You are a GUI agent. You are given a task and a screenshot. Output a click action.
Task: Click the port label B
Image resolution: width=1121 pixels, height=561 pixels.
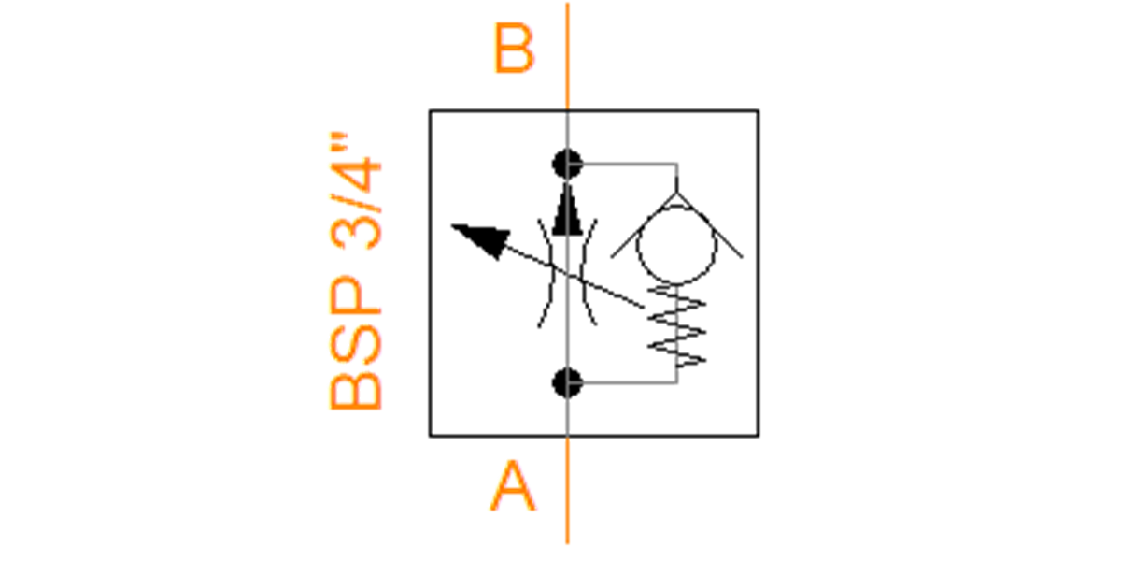[514, 49]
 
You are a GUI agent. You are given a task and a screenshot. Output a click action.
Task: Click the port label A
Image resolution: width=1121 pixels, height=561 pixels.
[513, 486]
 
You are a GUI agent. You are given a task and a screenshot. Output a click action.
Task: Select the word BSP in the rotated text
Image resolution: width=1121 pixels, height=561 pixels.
[356, 342]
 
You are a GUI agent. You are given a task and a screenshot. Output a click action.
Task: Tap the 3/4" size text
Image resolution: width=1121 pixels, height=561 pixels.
[356, 192]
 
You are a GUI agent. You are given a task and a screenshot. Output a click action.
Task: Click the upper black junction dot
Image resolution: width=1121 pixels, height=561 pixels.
[568, 165]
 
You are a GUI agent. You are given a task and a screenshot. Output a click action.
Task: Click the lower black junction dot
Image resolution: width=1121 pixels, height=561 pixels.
[568, 383]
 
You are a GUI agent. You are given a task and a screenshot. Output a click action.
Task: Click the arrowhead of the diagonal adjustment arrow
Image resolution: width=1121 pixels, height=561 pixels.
[483, 239]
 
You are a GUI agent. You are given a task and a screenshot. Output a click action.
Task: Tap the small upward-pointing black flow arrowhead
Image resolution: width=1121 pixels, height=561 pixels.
[568, 209]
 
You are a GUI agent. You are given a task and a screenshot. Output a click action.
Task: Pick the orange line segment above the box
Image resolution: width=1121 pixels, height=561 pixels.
[568, 56]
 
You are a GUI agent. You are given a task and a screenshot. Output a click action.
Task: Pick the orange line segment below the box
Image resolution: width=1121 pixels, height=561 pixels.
[568, 490]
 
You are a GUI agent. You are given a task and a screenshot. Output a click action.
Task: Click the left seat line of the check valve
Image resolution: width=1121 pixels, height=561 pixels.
[644, 225]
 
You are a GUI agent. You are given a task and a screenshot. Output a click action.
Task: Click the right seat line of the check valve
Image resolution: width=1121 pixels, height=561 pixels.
[710, 225]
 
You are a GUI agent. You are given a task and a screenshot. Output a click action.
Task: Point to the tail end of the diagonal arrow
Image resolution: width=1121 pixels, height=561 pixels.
[644, 307]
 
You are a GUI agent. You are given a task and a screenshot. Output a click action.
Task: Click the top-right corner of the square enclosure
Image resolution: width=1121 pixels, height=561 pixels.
[759, 110]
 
